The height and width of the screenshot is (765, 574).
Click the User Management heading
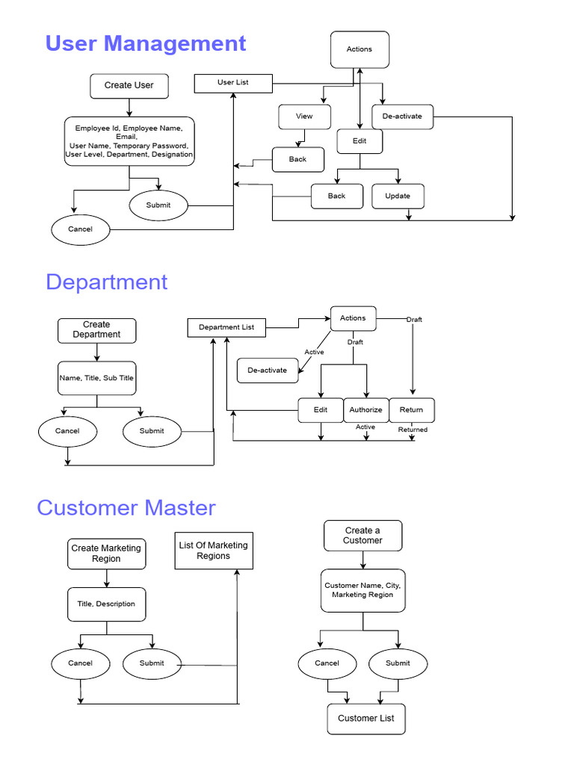tap(146, 43)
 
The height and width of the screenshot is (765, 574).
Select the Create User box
tap(129, 85)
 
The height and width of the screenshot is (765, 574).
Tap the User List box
tap(233, 83)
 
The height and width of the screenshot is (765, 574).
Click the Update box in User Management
tap(398, 196)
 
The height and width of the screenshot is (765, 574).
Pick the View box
tap(304, 117)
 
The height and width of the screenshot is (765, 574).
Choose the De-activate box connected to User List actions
tap(402, 117)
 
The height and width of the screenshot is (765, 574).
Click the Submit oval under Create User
tap(158, 205)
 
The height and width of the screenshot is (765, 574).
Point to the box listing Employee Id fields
tap(129, 140)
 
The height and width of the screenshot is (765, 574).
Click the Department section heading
tap(107, 282)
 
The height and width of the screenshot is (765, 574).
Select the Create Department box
tap(96, 330)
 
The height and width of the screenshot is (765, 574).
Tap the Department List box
tap(226, 327)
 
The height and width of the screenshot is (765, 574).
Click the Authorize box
tap(365, 410)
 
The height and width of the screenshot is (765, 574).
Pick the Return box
tap(411, 410)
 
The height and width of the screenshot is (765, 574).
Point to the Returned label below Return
tap(413, 430)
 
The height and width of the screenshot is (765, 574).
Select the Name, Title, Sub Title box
tap(96, 378)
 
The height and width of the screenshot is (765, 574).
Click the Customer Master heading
tap(126, 508)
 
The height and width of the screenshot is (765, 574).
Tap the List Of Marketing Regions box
tap(214, 551)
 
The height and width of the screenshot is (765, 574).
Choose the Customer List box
tap(366, 719)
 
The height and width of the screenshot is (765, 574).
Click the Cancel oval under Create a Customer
tap(327, 663)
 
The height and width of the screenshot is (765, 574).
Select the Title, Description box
tap(106, 604)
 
